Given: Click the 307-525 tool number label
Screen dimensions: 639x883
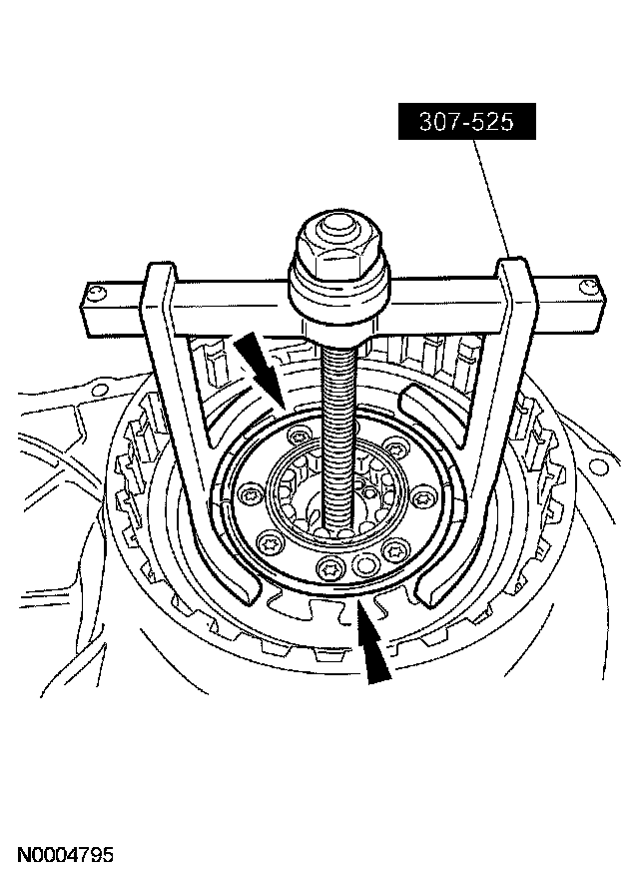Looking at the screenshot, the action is [x=466, y=121].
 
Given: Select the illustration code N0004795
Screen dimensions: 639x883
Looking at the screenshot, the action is [x=65, y=854].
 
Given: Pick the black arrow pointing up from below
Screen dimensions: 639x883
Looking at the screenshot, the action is [x=371, y=641].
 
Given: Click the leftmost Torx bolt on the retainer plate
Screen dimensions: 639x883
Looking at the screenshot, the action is [x=249, y=493].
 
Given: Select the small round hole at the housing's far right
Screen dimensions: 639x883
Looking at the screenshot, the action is [x=596, y=466].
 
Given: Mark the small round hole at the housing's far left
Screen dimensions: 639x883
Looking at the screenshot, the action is [x=100, y=390].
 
